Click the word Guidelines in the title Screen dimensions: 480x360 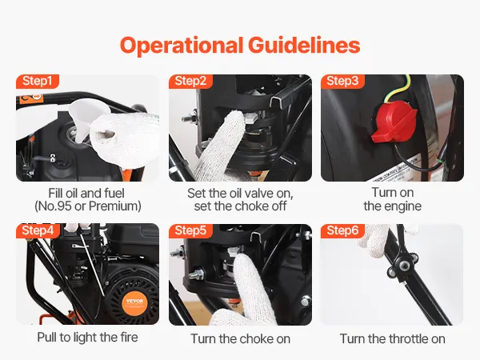coord(304,46)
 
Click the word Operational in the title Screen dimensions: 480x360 coord(182,46)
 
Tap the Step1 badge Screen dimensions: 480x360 coord(37,82)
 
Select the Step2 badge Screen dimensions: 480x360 coord(190,82)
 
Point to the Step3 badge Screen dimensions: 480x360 coord(342,82)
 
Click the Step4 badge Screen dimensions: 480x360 coord(38,230)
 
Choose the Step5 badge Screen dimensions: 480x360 coord(190,230)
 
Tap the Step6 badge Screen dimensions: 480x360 coord(342,230)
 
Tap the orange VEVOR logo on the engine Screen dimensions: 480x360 coord(134,302)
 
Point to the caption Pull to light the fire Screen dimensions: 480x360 coord(87,338)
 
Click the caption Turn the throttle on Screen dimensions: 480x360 coord(393,339)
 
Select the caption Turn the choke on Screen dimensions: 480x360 coord(240,339)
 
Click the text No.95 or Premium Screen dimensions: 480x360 coord(88,206)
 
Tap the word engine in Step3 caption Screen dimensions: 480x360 coord(402,207)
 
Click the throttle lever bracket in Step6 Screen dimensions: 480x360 coord(403,264)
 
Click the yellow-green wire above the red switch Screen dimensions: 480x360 coord(400,88)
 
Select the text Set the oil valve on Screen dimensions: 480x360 coord(240,194)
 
